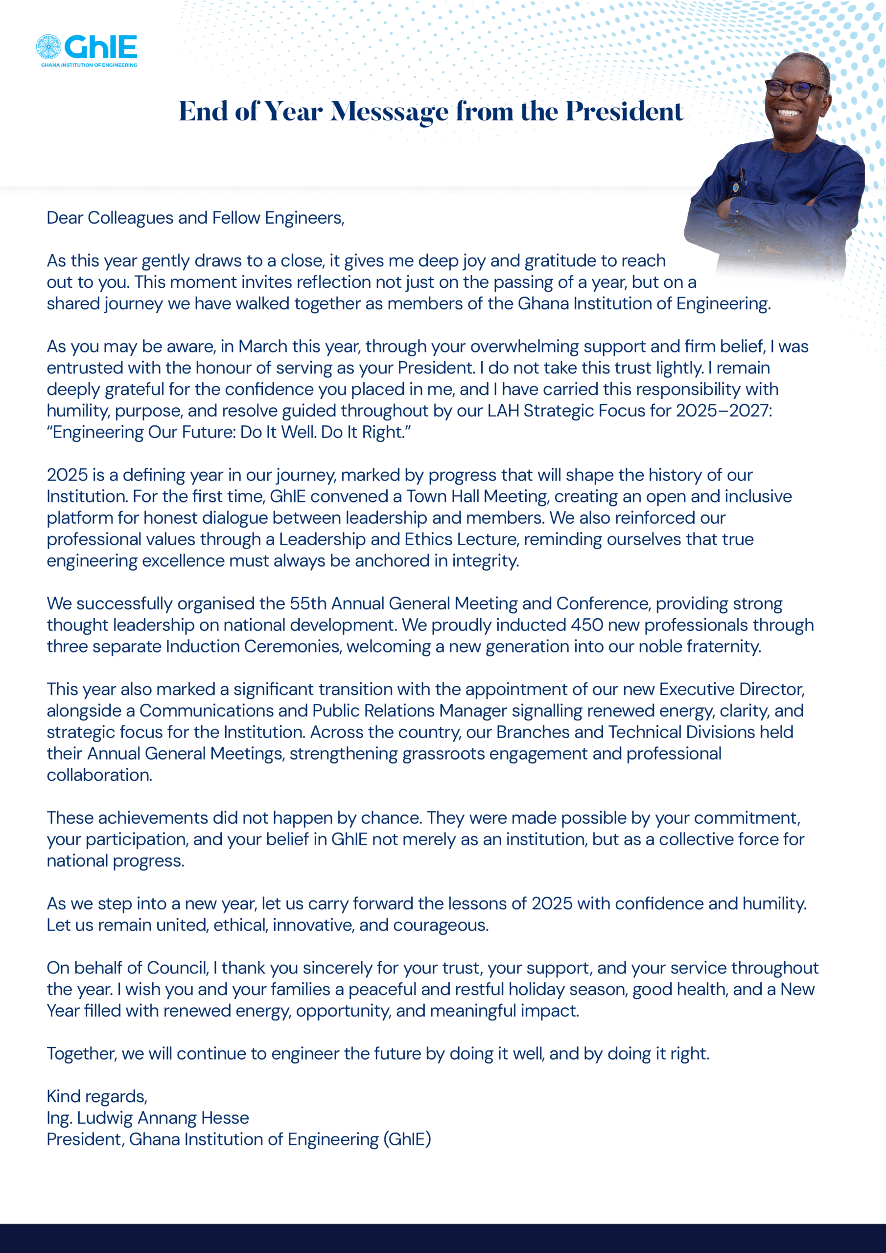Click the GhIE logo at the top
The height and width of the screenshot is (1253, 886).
point(86,47)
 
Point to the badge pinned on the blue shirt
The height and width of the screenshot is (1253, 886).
point(736,187)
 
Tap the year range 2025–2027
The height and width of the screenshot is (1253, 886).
point(723,411)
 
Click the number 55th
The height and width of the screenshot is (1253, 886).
point(308,603)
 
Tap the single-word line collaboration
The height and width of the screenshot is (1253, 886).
point(99,775)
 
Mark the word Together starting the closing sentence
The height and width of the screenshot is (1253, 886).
point(82,1054)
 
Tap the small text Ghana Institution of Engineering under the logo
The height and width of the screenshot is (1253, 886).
point(89,66)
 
